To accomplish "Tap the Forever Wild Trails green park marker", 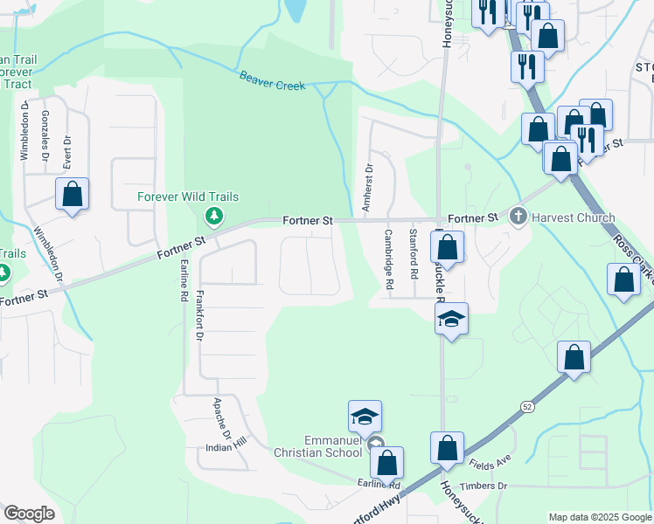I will tap(212, 215).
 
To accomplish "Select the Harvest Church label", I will tap(573, 217).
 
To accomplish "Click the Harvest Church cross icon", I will tap(518, 217).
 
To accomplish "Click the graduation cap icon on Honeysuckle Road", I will tap(452, 320).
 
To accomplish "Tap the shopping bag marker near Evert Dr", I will tap(72, 194).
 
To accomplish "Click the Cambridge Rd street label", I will tap(388, 259).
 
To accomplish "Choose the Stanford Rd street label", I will tap(414, 254).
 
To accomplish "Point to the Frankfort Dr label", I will tap(200, 314).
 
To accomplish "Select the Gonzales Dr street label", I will tap(45, 136).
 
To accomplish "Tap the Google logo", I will tap(28, 514).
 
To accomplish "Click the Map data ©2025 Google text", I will tap(599, 517).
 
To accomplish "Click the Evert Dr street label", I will tap(66, 151).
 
